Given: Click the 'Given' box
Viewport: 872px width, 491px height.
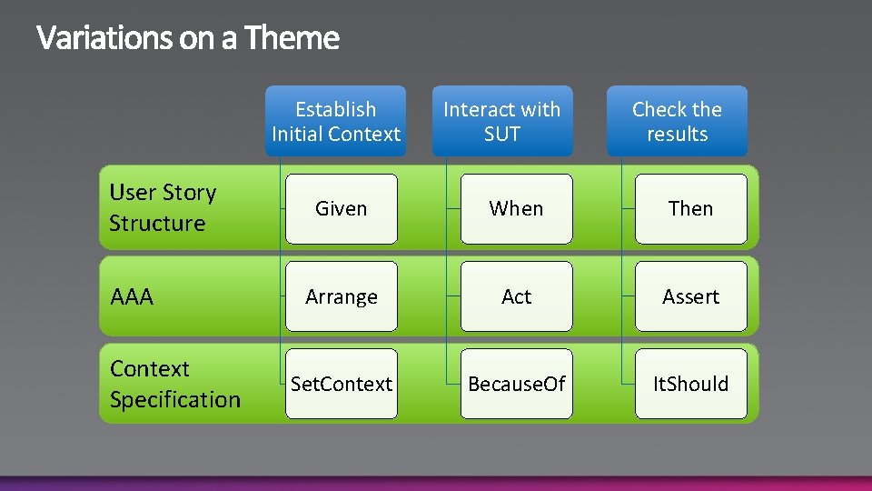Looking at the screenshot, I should pos(342,209).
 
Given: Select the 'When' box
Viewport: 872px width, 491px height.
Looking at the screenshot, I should pos(516,209).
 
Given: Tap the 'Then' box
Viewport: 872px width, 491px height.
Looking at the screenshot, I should pos(690,209).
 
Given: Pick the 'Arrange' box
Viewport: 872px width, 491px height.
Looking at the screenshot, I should pos(342,296).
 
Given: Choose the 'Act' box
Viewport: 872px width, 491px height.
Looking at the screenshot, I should pos(516,296).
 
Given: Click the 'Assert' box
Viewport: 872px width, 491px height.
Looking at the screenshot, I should pos(690,296).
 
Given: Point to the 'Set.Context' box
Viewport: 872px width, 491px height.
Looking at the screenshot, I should pos(342,384).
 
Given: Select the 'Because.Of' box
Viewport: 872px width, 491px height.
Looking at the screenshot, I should pos(516,384).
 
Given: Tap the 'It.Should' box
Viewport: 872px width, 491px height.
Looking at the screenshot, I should pos(690,384).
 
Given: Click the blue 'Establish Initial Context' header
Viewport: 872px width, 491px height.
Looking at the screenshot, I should pos(336,122).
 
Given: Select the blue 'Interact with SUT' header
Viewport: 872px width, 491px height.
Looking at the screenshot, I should pos(502,122).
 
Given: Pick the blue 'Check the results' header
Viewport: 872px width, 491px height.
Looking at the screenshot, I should pos(677,122).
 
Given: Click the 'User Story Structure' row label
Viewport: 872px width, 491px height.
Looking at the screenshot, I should pos(163,207).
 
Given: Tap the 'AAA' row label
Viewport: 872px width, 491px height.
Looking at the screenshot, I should pos(132,296).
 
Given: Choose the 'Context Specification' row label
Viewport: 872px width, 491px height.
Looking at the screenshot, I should pos(174,384).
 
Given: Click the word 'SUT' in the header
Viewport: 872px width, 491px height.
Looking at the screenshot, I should pos(502,135).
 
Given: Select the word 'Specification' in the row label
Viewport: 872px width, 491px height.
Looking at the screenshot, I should pos(174,399).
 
